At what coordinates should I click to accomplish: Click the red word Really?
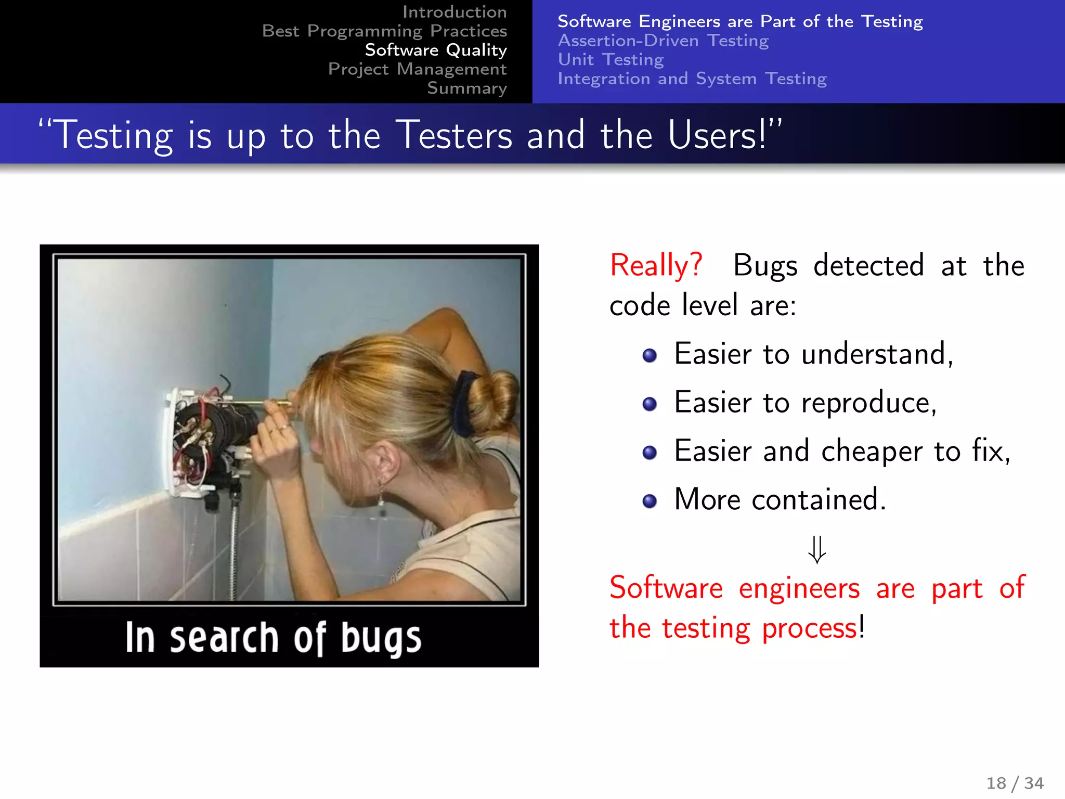tap(656, 266)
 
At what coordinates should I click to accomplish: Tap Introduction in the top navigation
tap(454, 12)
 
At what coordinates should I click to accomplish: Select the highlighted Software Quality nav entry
tap(435, 50)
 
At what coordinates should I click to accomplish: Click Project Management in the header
tap(417, 69)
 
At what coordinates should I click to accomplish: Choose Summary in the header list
tap(466, 88)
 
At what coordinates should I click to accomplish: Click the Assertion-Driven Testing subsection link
tap(663, 41)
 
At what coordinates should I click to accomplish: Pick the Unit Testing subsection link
tap(611, 60)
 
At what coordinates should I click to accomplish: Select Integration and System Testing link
tap(692, 79)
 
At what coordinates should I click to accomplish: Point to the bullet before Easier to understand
tap(650, 356)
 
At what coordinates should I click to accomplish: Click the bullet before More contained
tap(650, 501)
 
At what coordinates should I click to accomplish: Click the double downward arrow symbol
tap(817, 550)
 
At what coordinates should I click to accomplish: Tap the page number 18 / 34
tap(1015, 783)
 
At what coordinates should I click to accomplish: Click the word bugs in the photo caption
tap(381, 639)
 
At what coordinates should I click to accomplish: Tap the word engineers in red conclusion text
tap(799, 589)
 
